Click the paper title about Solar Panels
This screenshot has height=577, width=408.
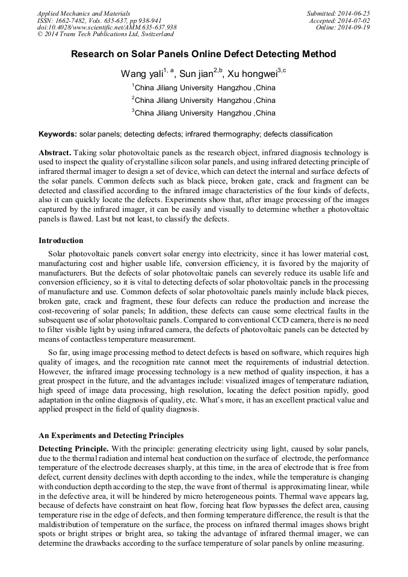[x=203, y=54]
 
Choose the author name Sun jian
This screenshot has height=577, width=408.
[x=196, y=74]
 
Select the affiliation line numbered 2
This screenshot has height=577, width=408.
[x=203, y=100]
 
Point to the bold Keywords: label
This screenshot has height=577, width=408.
[x=58, y=134]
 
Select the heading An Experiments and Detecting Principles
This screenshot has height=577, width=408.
[x=111, y=435]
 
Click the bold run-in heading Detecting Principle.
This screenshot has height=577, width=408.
[x=73, y=449]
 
